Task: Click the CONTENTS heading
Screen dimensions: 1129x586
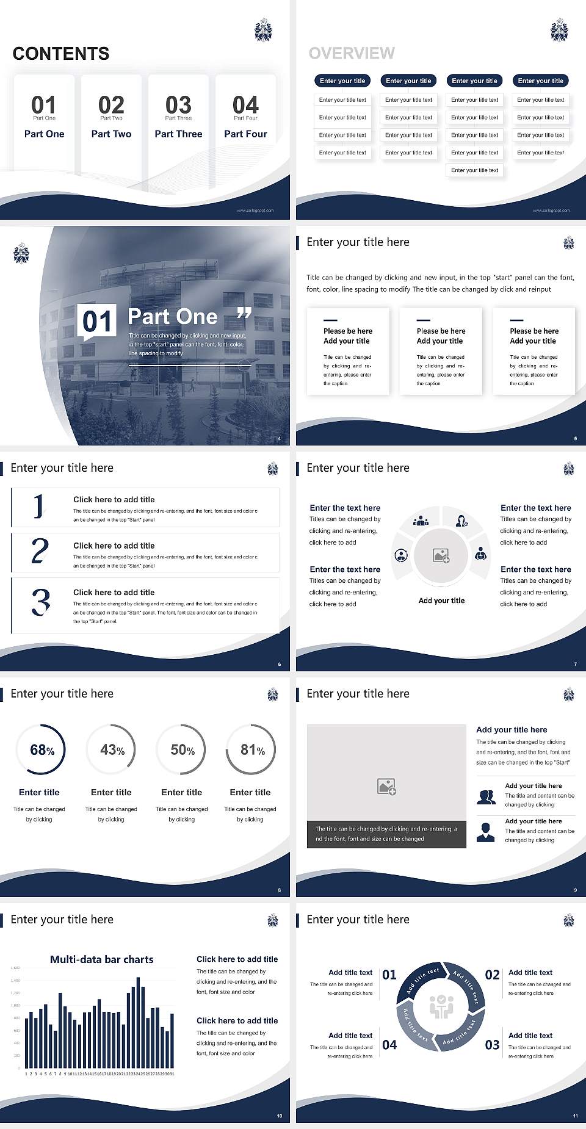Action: click(61, 54)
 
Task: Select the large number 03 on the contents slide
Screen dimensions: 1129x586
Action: click(178, 105)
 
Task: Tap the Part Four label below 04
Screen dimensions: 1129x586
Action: click(245, 134)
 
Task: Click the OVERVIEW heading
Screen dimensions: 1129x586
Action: click(352, 54)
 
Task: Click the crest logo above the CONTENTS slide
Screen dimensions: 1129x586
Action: click(263, 30)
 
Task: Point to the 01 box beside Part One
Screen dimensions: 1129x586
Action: click(97, 322)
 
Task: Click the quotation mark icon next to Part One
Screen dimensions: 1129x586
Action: click(244, 314)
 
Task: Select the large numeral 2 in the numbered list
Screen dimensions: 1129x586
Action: click(40, 551)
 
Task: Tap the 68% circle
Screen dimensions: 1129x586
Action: click(42, 749)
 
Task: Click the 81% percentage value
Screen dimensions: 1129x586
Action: click(251, 749)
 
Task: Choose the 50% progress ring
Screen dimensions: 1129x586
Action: click(182, 749)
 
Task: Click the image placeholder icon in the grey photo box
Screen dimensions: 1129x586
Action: click(386, 787)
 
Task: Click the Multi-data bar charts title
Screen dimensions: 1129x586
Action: click(102, 959)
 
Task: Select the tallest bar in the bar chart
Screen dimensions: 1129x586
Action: click(138, 1020)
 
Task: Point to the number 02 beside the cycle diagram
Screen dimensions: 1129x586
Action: click(492, 975)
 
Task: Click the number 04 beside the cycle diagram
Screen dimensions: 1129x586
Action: click(389, 1045)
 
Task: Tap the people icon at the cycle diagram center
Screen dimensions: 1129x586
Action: click(441, 1007)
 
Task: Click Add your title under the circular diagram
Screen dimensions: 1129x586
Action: click(441, 601)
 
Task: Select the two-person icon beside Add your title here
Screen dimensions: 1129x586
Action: click(486, 797)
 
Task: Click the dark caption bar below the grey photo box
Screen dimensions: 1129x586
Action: click(386, 834)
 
